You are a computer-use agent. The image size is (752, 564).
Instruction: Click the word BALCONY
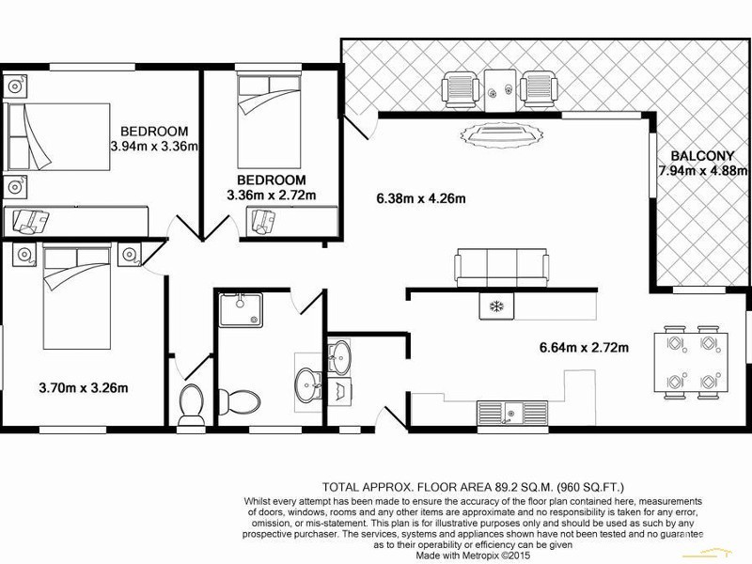697,157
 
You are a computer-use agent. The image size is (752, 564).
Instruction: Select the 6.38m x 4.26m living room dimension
421,197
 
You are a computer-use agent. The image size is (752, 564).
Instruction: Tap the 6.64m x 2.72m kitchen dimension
583,348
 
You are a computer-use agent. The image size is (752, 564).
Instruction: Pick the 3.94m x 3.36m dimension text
154,146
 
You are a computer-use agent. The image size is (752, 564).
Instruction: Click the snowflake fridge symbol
493,306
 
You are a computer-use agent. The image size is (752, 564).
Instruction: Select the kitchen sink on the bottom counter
512,412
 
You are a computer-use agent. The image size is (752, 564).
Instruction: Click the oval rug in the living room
499,136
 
